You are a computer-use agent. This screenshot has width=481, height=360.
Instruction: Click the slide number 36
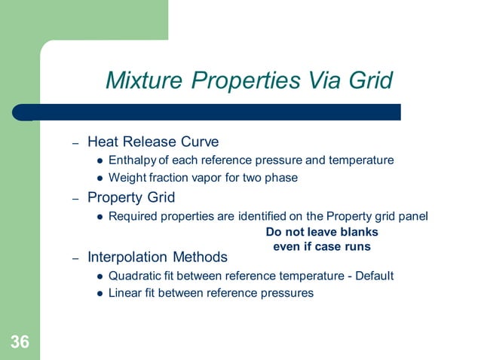[x=20, y=343]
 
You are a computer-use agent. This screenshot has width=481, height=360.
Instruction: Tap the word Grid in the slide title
[x=367, y=80]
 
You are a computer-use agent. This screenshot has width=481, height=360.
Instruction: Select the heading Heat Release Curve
[x=153, y=142]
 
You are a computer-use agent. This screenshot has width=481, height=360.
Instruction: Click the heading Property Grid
[x=131, y=198]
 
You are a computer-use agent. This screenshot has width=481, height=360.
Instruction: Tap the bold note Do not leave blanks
[x=322, y=232]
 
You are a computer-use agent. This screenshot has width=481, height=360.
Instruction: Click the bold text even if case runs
[x=321, y=246]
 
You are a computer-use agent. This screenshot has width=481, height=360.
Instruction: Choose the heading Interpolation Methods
[x=158, y=258]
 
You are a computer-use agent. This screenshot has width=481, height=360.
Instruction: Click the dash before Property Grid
[x=75, y=199]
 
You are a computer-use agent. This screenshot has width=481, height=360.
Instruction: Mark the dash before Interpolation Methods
[x=75, y=258]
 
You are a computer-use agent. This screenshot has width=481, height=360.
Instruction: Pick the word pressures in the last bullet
[x=287, y=294]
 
